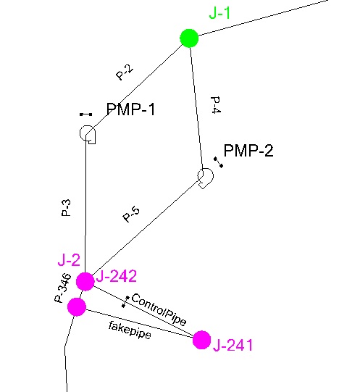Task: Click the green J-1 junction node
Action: tap(189, 38)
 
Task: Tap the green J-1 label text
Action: tap(219, 13)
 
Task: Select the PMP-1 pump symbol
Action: tap(88, 134)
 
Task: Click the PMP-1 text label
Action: tap(130, 109)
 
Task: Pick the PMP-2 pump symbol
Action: tap(206, 178)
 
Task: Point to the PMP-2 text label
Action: tap(248, 151)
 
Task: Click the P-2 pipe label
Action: tap(125, 72)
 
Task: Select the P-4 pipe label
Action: tap(216, 105)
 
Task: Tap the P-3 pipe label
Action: tap(66, 208)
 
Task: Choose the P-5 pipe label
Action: tap(131, 214)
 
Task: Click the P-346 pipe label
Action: tap(63, 288)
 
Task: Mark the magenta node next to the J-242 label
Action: tap(85, 281)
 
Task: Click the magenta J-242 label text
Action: tap(117, 276)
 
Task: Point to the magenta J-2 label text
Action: tap(69, 260)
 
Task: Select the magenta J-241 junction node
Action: tap(201, 340)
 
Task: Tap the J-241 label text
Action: tap(233, 345)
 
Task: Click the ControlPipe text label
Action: tap(159, 309)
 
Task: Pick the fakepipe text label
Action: tap(130, 330)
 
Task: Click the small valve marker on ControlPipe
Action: tap(125, 301)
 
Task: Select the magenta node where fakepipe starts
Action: tap(77, 306)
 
